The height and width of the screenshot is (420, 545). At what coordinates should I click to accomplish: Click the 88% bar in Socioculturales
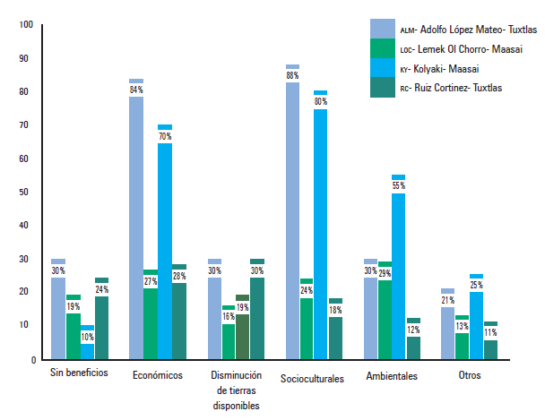(293, 215)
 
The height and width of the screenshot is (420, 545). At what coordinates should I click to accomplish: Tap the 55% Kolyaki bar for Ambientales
(399, 269)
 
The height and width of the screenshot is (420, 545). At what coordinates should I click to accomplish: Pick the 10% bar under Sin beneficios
(87, 344)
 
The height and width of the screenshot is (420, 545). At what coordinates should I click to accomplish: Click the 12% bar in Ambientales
(413, 341)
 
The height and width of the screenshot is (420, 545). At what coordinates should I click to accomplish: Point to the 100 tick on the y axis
(24, 25)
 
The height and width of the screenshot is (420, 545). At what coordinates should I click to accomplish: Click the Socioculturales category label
(312, 379)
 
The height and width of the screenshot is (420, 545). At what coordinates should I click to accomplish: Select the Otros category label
(468, 375)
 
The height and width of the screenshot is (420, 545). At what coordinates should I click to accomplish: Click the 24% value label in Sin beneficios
(101, 289)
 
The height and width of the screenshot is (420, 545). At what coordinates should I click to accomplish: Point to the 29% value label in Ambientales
(385, 273)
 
